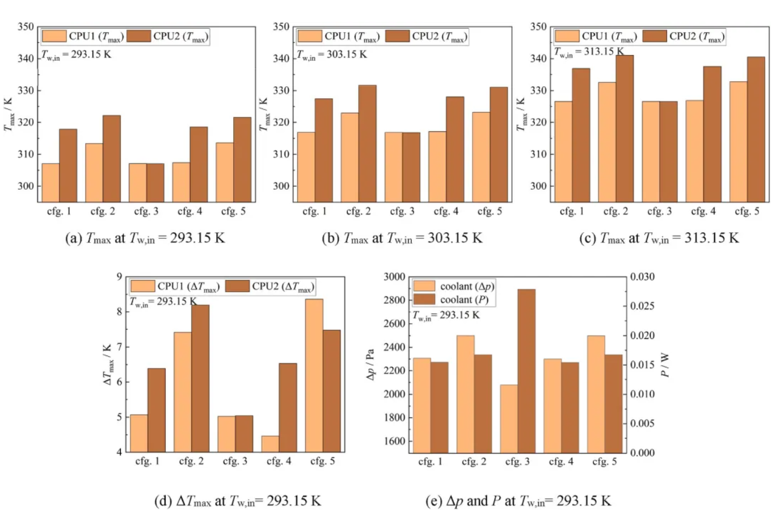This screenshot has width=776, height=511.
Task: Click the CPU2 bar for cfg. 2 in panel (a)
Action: point(112,158)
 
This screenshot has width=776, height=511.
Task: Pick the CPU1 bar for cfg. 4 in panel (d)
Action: point(270,444)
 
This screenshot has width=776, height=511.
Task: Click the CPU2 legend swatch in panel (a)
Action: point(138,36)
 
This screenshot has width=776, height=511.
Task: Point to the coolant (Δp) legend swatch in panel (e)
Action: point(424,287)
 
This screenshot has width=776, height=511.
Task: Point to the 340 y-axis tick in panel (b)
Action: point(281,58)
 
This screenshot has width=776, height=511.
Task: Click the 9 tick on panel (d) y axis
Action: point(119,277)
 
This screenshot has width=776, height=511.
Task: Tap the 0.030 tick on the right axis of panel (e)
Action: point(643,277)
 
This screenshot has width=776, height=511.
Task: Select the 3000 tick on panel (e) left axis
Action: point(394,277)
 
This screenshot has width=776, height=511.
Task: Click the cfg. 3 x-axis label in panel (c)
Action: point(660,211)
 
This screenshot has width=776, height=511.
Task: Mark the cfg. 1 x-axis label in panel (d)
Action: point(147,461)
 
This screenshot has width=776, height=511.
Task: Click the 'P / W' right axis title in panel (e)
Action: point(665,365)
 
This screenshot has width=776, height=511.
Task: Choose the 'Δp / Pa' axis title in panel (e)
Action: point(371,365)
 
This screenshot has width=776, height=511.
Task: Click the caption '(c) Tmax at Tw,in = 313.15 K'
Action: point(659,238)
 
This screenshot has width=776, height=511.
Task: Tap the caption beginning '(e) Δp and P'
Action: point(518,501)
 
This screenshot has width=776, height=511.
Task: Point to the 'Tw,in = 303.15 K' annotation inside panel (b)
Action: point(332,55)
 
